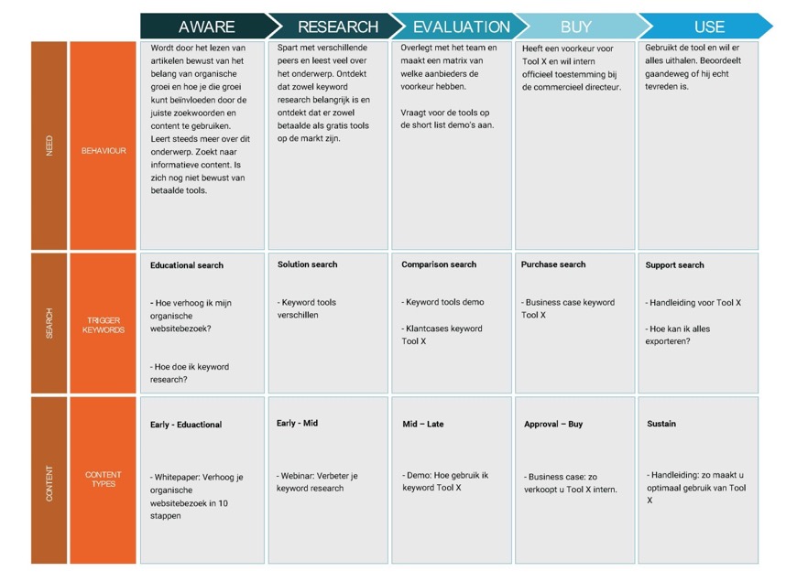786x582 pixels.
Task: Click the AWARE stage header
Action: (206, 27)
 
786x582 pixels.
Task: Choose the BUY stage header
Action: (575, 27)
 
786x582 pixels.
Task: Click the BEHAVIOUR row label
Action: (103, 150)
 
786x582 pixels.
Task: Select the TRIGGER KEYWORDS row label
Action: (103, 324)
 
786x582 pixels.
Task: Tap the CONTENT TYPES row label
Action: (103, 480)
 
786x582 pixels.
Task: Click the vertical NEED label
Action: (49, 146)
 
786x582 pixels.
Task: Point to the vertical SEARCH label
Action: (49, 324)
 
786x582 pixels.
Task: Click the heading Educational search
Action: (187, 265)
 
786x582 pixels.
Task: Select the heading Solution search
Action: (307, 264)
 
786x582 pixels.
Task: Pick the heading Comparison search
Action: (439, 264)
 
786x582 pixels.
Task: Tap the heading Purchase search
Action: (553, 264)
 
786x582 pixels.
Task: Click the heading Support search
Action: (674, 265)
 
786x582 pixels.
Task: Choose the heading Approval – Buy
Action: (553, 425)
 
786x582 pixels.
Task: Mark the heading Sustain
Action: (660, 424)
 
